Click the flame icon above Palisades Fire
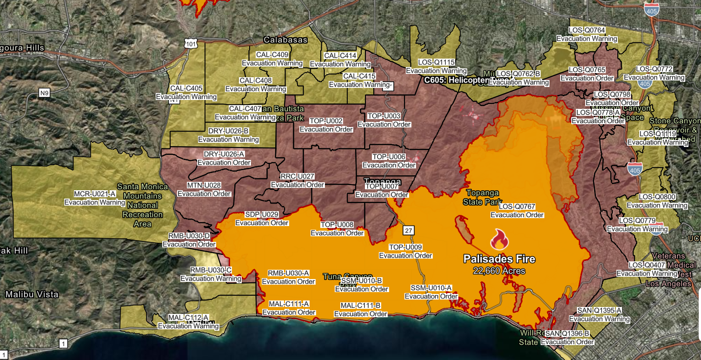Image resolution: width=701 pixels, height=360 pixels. [499, 240]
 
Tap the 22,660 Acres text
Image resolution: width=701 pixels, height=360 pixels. [499, 271]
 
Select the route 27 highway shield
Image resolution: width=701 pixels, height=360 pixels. [408, 230]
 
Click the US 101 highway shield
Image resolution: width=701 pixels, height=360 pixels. [191, 44]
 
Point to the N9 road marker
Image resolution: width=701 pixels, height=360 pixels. [44, 93]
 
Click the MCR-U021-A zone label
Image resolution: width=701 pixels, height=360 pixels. [95, 194]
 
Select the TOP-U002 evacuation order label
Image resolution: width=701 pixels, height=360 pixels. [326, 121]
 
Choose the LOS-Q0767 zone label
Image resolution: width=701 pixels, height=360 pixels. [517, 207]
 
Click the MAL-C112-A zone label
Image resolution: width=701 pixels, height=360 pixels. [188, 318]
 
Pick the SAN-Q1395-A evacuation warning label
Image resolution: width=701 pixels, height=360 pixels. [599, 310]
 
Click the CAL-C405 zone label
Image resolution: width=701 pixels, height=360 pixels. [186, 88]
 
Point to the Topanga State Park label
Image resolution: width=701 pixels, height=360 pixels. [483, 197]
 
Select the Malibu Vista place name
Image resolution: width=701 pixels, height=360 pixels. [32, 294]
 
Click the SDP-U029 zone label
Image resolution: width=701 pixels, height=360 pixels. [262, 214]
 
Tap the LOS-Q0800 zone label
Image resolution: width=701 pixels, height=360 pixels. [657, 197]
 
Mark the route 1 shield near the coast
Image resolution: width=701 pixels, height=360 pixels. [63, 344]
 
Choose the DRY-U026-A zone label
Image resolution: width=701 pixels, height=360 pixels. [224, 154]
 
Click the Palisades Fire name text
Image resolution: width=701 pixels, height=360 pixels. [499, 259]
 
